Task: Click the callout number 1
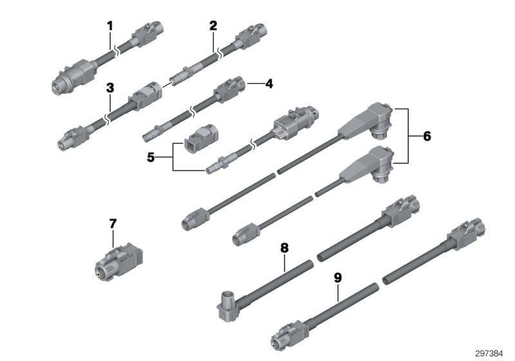point(110,26)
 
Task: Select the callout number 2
point(213,26)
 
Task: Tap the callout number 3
point(110,88)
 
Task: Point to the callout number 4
point(269,84)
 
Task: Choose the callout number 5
point(151,157)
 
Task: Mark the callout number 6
point(427,136)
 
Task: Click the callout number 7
point(113,224)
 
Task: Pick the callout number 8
point(284,248)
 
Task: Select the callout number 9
point(337,278)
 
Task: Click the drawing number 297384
point(489,353)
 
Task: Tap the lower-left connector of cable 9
point(290,335)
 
